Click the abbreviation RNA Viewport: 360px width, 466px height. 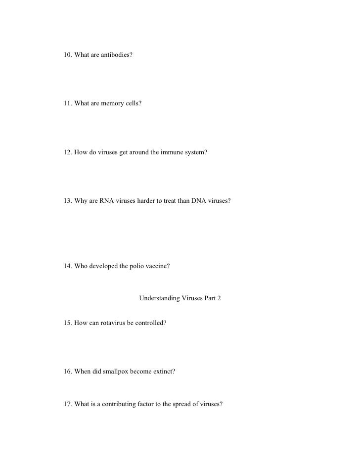click(x=103, y=202)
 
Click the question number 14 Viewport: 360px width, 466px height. click(x=68, y=266)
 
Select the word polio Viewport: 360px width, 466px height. click(x=136, y=266)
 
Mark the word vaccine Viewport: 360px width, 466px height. click(x=158, y=266)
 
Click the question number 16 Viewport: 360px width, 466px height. click(x=68, y=372)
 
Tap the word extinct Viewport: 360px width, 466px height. click(x=163, y=372)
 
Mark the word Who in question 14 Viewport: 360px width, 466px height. click(x=81, y=266)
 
